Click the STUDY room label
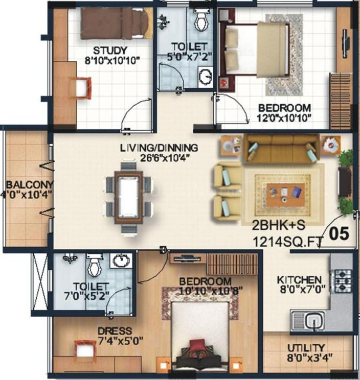(110, 51)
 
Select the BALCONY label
(29, 185)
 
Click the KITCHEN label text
(299, 280)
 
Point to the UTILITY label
(306, 348)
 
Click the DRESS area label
(115, 331)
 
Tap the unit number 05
(339, 233)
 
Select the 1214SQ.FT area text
(288, 242)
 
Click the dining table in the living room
(128, 197)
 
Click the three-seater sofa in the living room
(282, 148)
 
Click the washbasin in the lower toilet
(121, 261)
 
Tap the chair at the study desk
(84, 88)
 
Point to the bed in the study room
(117, 23)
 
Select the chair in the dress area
(85, 349)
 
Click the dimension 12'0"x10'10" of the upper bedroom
(284, 118)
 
